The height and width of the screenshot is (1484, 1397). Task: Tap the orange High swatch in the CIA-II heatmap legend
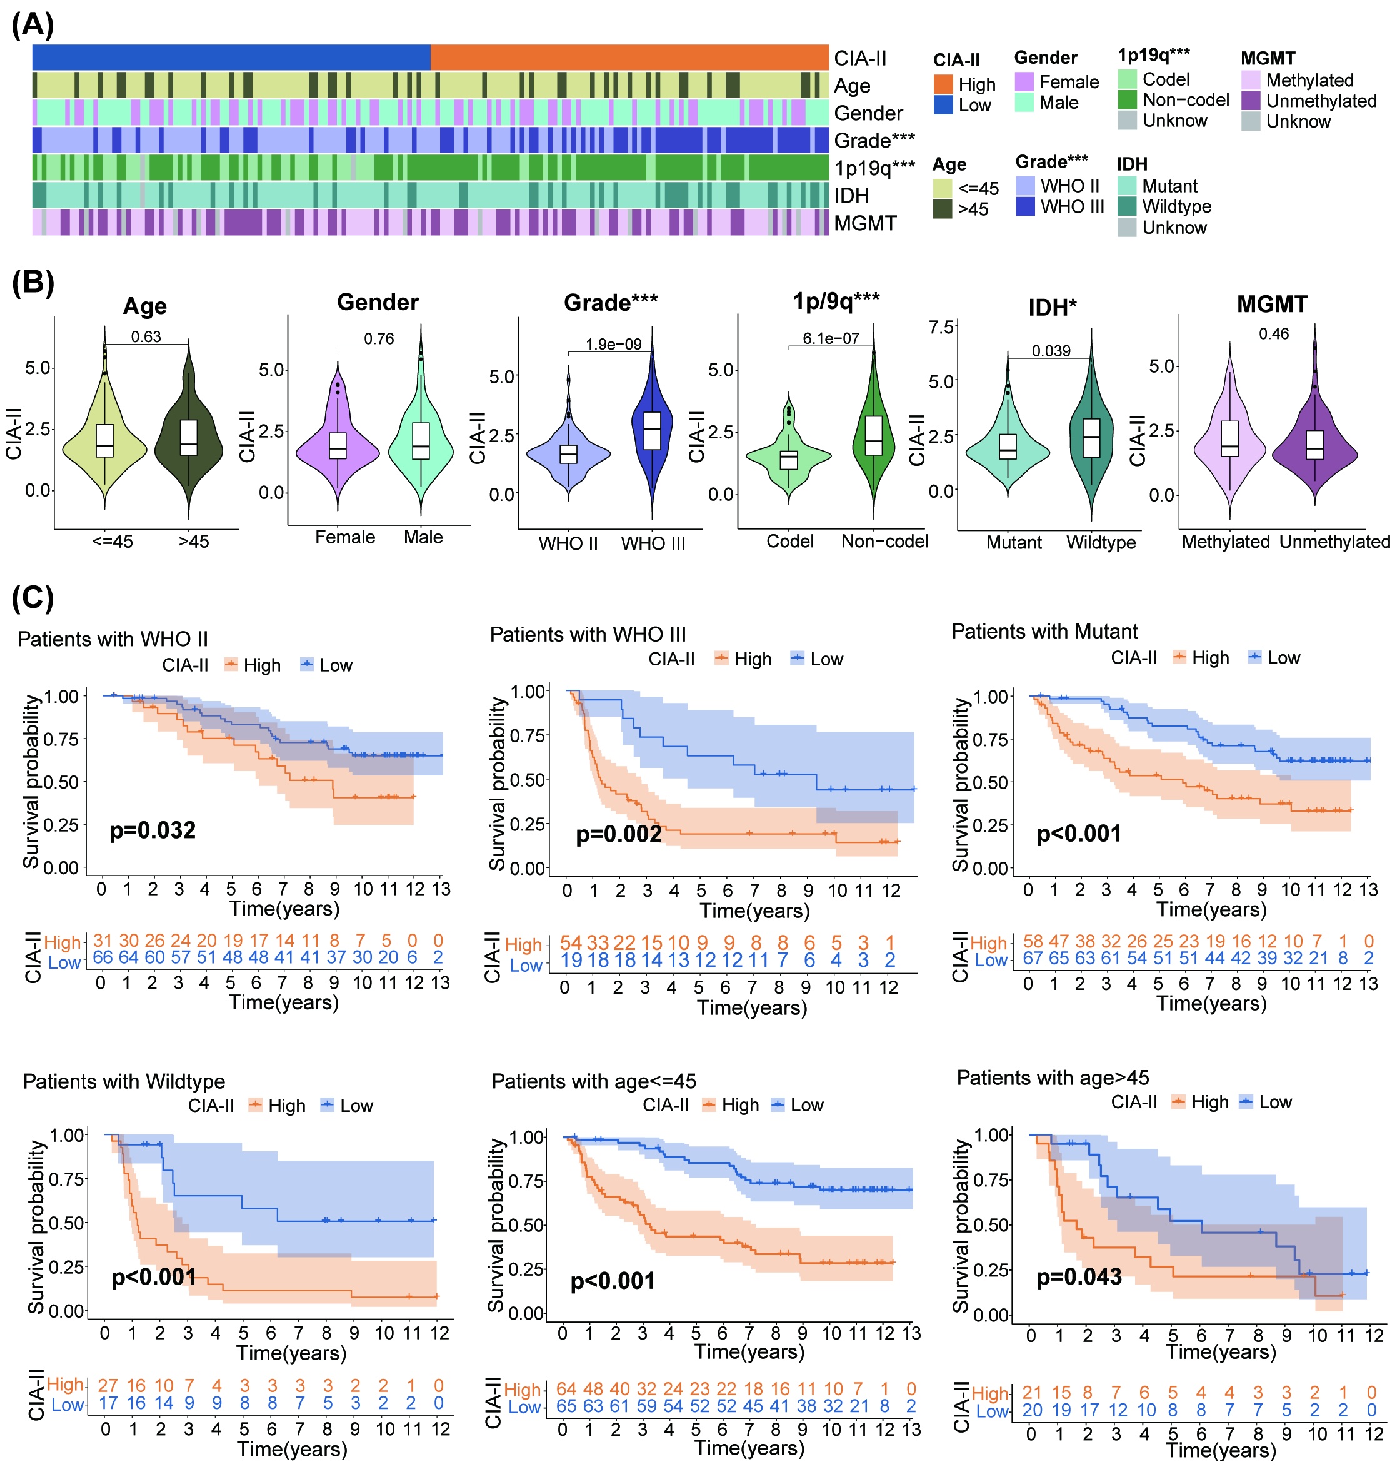(x=943, y=84)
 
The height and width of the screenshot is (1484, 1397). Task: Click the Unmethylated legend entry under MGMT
(x=1320, y=101)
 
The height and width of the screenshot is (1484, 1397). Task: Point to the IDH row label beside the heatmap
(x=851, y=196)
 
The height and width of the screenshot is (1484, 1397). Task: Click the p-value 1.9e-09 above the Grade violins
(x=613, y=344)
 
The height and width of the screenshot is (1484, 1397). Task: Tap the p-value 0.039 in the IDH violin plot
(x=1051, y=351)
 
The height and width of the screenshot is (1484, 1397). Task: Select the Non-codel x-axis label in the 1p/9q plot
(x=884, y=541)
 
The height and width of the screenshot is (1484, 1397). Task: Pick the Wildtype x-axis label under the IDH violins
(x=1101, y=542)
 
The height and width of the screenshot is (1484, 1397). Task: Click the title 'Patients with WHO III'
(x=588, y=635)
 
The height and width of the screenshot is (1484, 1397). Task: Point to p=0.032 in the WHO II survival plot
(x=153, y=830)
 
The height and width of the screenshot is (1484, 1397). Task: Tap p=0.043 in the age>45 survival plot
(x=1078, y=1276)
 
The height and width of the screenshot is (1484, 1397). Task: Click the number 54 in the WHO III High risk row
(x=571, y=943)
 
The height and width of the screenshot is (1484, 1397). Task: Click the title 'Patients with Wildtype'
(x=124, y=1082)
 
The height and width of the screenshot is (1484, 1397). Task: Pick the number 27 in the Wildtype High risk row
(x=108, y=1385)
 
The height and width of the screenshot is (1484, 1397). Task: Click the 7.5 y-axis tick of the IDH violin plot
(x=942, y=328)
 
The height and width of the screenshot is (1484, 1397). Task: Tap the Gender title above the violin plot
(x=378, y=302)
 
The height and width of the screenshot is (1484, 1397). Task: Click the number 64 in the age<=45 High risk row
(x=566, y=1389)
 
